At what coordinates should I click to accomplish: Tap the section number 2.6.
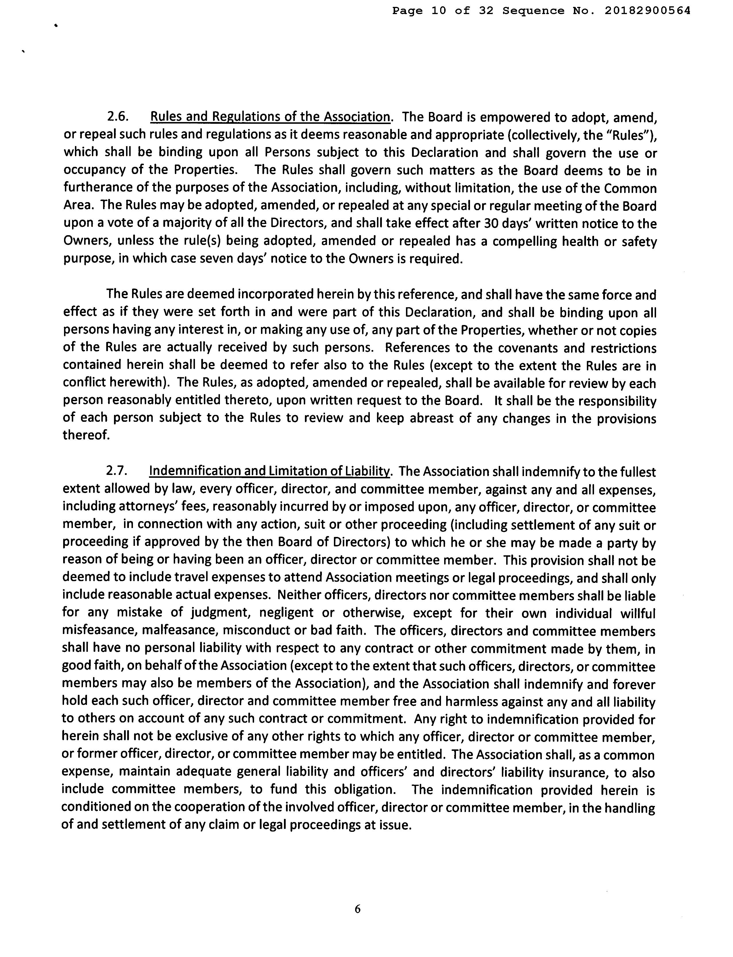tap(117, 117)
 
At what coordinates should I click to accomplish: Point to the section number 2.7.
tap(116, 471)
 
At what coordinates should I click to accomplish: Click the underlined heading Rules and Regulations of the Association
tap(270, 117)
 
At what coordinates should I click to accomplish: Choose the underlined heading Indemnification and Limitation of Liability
tap(269, 471)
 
